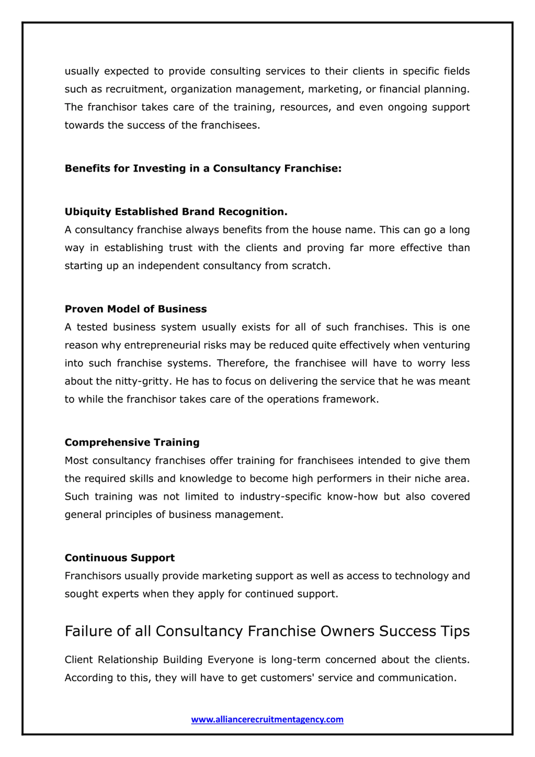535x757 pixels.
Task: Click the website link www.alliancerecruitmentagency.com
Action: pyautogui.click(x=267, y=719)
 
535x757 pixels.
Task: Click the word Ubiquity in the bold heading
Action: pyautogui.click(x=88, y=212)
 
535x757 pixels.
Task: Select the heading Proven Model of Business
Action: pyautogui.click(x=135, y=309)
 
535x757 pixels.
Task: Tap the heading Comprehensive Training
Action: pyautogui.click(x=132, y=442)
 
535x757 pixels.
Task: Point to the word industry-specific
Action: pyautogui.click(x=280, y=497)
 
